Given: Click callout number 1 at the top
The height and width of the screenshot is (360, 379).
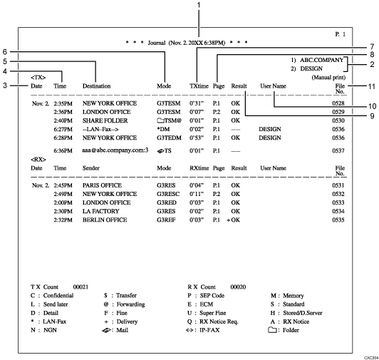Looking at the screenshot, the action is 198,6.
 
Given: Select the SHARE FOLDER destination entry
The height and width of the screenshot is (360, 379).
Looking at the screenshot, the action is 106,121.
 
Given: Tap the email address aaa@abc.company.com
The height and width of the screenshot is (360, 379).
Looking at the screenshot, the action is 115,150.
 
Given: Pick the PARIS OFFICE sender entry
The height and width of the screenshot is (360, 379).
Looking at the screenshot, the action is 103,185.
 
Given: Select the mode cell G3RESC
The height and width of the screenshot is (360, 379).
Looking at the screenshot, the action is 169,194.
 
